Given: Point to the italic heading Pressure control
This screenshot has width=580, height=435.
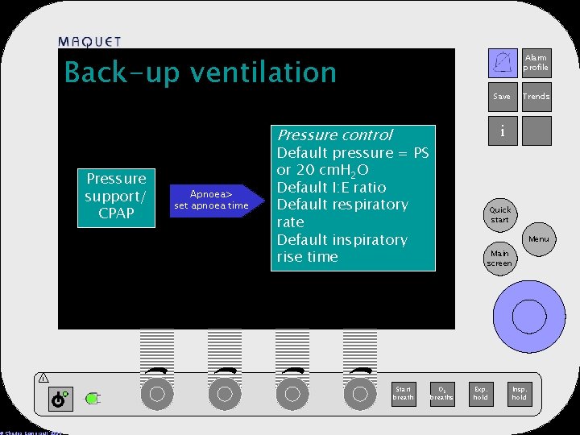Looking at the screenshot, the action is (334, 135).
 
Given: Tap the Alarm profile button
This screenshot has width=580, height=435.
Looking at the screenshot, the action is (536, 63).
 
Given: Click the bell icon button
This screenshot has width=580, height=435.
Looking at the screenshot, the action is (503, 63).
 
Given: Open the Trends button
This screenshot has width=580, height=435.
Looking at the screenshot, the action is (536, 97).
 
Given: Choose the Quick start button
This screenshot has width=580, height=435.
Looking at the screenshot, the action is (500, 215).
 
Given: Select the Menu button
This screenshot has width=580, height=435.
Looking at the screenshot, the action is (539, 239).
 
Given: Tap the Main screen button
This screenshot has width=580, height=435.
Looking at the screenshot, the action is (499, 258).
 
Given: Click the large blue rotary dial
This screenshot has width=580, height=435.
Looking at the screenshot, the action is (528, 314).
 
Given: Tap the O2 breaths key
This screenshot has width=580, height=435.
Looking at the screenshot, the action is (441, 392).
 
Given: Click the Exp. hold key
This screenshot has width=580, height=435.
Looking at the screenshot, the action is (481, 392).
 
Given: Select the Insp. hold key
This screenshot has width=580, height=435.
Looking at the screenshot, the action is (520, 392).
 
